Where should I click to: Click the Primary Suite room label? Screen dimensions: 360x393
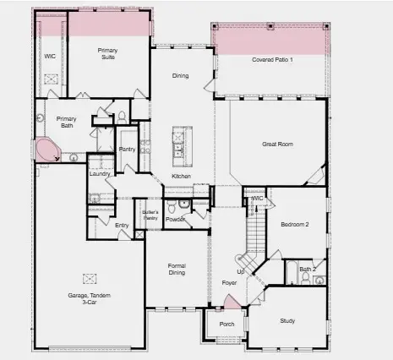coord(107,54)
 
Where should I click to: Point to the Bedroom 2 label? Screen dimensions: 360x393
coord(295,225)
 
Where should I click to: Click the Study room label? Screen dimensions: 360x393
coord(288,321)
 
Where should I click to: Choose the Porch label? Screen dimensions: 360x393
coord(227,324)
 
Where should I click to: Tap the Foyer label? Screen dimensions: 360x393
coord(229,282)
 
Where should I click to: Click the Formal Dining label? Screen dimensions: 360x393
coord(176,270)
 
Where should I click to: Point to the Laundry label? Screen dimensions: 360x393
coord(100,173)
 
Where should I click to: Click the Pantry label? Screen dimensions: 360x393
coord(128,150)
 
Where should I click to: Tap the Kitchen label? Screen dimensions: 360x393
coord(181,176)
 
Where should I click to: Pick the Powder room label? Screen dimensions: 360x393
coord(175,220)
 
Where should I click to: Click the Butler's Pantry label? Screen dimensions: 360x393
coord(150,215)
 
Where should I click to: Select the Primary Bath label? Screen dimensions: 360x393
coord(66,123)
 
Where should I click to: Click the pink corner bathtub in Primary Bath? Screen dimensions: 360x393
coord(46,151)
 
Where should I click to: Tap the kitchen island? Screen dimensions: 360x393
coord(178,145)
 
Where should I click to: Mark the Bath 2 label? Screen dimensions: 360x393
coord(308,269)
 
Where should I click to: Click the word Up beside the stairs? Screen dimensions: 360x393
coord(239,271)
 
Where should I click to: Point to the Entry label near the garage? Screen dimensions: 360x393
coord(123,225)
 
